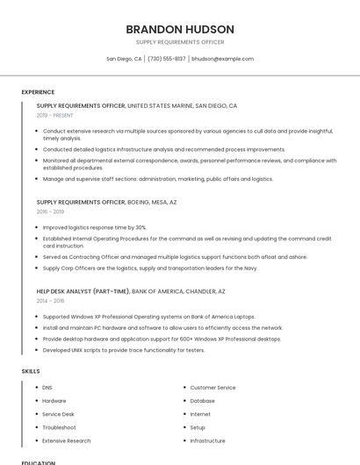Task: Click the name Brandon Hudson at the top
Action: (x=180, y=29)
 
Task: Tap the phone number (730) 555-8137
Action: (x=167, y=59)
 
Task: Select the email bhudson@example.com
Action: (x=222, y=59)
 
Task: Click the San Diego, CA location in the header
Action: (x=124, y=59)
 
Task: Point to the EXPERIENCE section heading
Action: (x=38, y=92)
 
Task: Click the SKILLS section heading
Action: (x=31, y=371)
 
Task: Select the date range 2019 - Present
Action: (x=55, y=115)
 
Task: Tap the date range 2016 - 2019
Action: (x=50, y=211)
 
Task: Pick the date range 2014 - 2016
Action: (x=50, y=301)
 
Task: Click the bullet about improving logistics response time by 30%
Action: (x=95, y=227)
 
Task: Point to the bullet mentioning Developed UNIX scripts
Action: (x=123, y=350)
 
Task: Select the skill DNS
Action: (x=47, y=387)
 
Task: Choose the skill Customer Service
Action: (x=212, y=387)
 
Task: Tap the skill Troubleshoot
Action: (x=59, y=427)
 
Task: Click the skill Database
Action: (x=202, y=400)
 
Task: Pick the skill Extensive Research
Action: (x=66, y=440)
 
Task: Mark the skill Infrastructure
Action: (x=207, y=440)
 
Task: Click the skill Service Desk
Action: (x=58, y=414)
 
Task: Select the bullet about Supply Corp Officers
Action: (x=149, y=268)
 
